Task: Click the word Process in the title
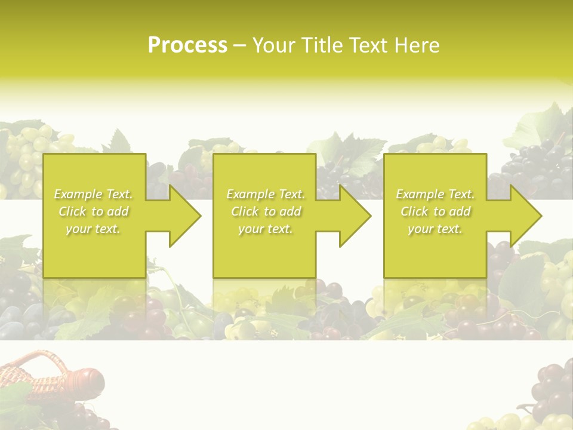point(187,45)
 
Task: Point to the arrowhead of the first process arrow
point(185,216)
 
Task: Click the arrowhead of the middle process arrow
point(355,216)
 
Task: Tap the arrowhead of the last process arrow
point(526,216)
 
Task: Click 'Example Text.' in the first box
point(94,194)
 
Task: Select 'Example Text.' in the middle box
point(266,194)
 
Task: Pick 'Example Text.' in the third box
point(435,194)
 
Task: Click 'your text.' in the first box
point(93,229)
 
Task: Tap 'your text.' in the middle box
point(265,229)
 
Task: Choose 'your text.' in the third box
point(435,229)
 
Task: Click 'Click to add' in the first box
point(94,211)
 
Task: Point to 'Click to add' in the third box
point(435,211)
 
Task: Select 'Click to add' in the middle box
point(266,211)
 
